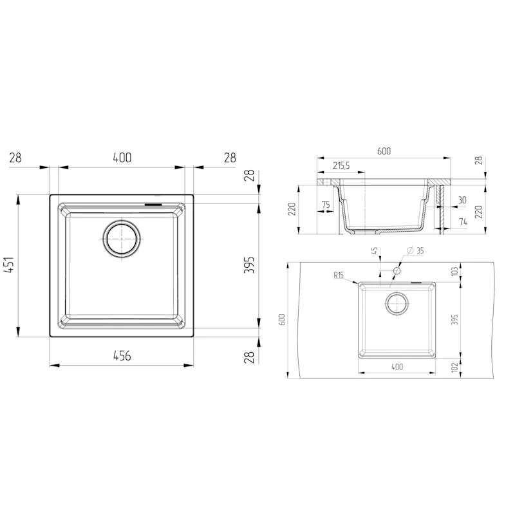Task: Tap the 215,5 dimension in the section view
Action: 341,166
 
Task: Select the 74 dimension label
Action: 462,221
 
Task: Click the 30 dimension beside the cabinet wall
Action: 462,200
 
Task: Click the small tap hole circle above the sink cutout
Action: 397,272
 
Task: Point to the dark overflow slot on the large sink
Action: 154,204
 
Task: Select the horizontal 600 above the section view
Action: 384,151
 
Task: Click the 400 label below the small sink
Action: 397,366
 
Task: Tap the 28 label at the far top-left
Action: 16,158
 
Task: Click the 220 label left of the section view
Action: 292,209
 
